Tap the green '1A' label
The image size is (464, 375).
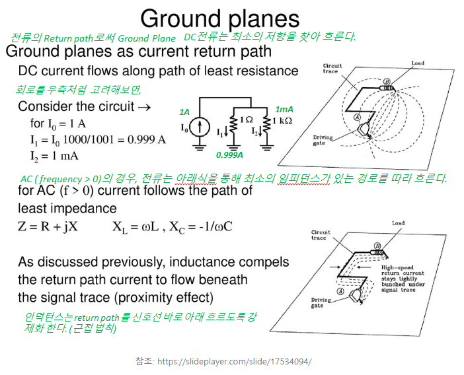click(x=184, y=112)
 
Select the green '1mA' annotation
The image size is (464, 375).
click(x=284, y=110)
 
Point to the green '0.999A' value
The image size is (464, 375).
click(x=229, y=154)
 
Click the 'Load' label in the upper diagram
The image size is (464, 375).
click(x=418, y=63)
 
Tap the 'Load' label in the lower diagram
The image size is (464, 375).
click(x=398, y=224)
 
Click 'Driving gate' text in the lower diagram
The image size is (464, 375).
click(x=321, y=302)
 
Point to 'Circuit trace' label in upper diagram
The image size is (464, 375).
click(x=332, y=68)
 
